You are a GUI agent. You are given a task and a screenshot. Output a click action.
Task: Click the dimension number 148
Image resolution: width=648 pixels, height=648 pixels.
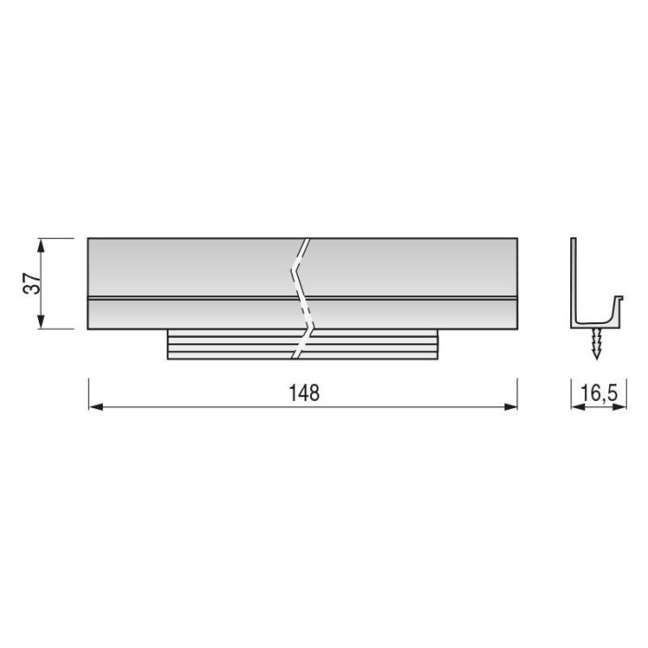click(x=303, y=393)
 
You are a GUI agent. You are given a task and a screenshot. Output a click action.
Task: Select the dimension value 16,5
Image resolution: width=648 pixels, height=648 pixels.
click(x=598, y=393)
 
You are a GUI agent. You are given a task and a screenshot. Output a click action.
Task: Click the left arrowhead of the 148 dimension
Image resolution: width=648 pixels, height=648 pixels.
click(x=93, y=406)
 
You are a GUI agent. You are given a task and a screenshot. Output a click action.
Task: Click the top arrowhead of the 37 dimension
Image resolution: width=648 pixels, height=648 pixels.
click(x=41, y=243)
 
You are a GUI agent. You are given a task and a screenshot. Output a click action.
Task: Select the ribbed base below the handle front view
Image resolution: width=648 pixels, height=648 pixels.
click(x=231, y=344)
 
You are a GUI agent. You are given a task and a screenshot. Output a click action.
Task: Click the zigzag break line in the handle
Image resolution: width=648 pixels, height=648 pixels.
click(x=302, y=296)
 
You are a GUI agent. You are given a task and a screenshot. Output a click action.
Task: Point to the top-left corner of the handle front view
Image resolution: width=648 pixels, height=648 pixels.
click(x=88, y=239)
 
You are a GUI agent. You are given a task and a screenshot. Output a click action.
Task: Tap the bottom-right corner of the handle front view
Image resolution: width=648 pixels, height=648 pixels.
click(x=517, y=329)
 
